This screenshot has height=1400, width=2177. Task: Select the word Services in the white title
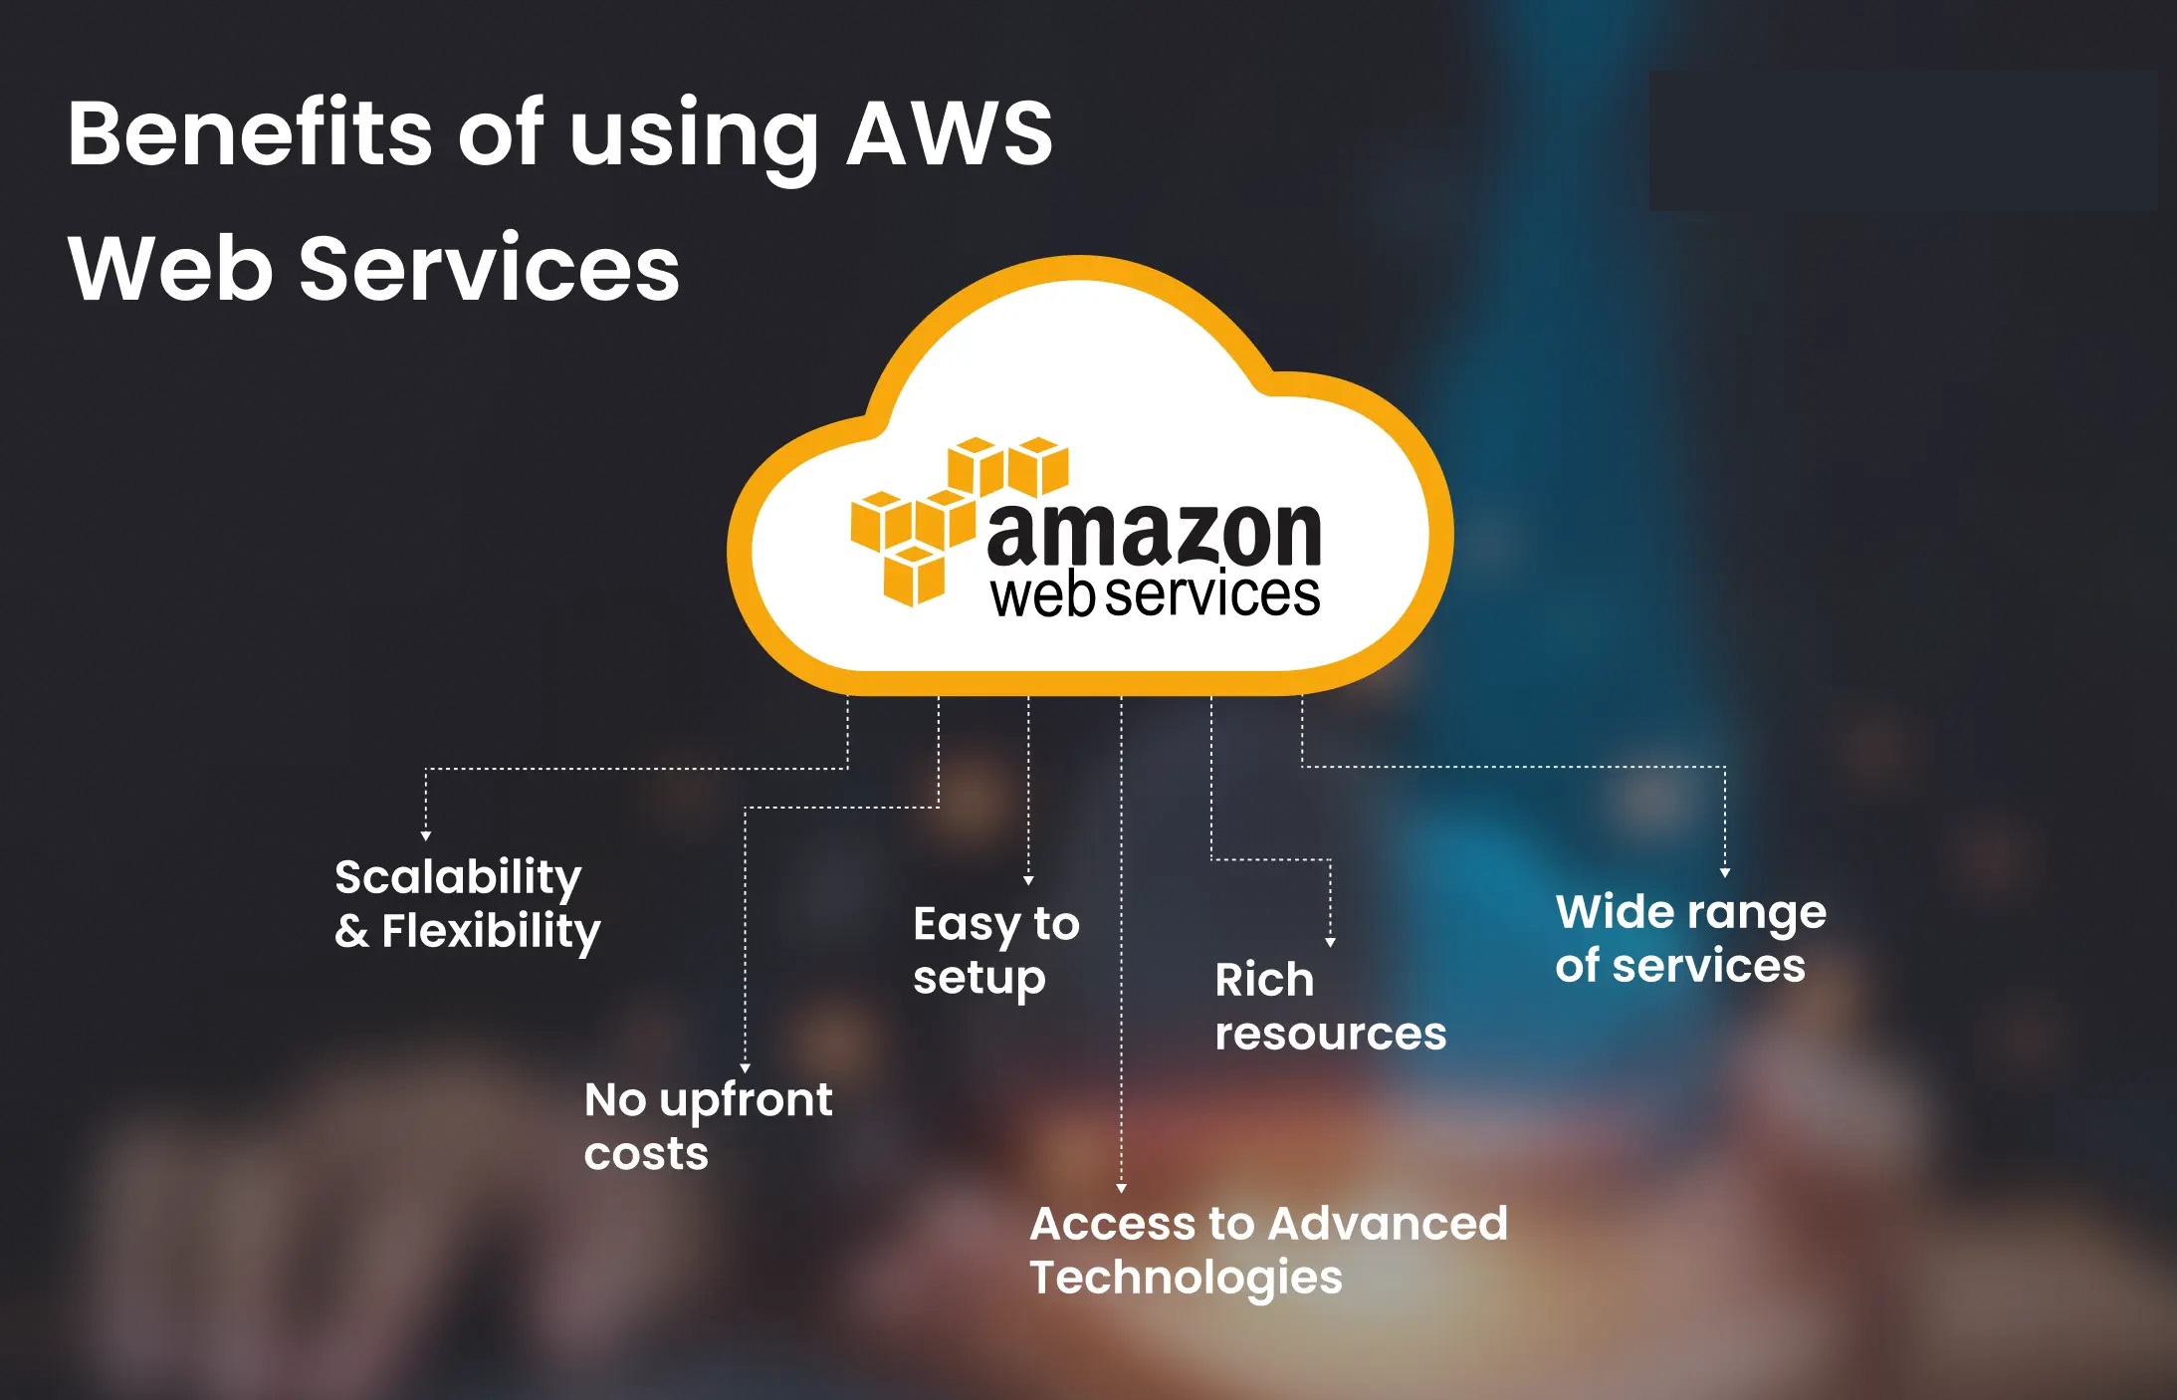coord(489,269)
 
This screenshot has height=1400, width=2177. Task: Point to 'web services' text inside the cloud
coord(1155,595)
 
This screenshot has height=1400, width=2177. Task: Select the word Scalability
coord(458,877)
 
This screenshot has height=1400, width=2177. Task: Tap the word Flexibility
coord(492,932)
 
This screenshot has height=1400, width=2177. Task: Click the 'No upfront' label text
coord(708,1100)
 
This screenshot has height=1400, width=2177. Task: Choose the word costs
coord(646,1154)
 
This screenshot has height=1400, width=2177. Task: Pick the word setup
coord(980,979)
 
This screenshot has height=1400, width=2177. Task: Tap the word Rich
coord(1264,980)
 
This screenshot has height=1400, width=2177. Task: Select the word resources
coord(1330,1034)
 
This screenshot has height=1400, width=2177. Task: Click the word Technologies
coord(1186,1278)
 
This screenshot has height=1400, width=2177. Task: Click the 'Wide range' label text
coord(1690,912)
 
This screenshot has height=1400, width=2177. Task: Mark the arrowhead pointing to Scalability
coord(426,836)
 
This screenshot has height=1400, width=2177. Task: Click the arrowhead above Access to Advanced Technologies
coord(1121,1188)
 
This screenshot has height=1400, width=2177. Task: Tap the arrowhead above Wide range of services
coord(1725,873)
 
